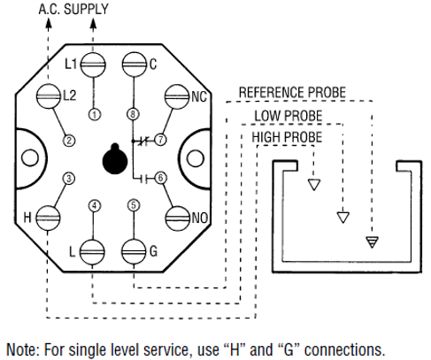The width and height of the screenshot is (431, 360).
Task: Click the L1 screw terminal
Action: point(96,64)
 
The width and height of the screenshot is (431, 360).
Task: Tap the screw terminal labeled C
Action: point(133,64)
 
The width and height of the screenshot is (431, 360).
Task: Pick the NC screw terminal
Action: point(177,95)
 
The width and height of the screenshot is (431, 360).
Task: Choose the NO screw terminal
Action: point(177,217)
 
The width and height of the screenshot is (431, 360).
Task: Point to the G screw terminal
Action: point(133,251)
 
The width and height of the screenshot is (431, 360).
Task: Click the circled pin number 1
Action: point(96,113)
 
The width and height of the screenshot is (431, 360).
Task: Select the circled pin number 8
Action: point(133,113)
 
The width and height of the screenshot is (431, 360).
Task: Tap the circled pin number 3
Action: point(68,178)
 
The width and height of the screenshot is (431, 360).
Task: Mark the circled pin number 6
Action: point(160,178)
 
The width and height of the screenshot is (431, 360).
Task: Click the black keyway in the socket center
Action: point(113,159)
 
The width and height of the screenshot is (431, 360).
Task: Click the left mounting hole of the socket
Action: point(29,157)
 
